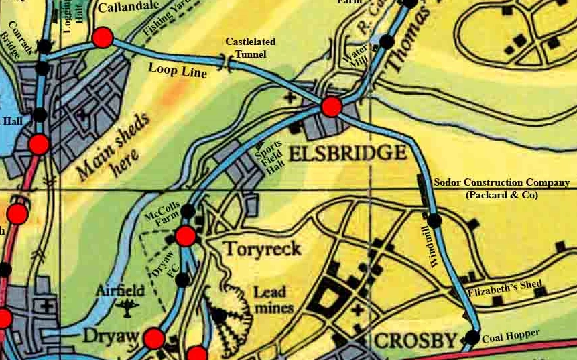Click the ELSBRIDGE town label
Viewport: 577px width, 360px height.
(348, 152)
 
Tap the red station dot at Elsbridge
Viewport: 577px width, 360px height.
(331, 107)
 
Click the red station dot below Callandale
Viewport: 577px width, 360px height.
(103, 38)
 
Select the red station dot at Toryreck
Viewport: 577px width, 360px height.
(186, 235)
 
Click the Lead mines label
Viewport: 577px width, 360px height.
(271, 300)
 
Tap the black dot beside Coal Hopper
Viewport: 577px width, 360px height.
(472, 337)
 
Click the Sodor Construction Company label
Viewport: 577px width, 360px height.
(501, 188)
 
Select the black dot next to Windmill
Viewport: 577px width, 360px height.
(434, 219)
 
